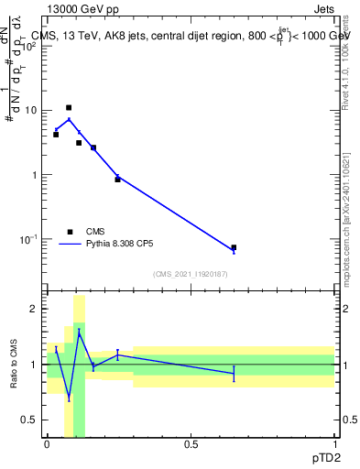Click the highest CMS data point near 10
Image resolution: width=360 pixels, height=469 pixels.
coord(69,107)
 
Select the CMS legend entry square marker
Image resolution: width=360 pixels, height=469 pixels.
coord(70,232)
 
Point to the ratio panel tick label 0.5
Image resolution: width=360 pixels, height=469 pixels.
coord(31,420)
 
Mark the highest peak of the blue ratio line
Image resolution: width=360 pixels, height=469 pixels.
coord(80,332)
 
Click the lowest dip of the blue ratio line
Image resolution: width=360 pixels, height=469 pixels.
coord(69,398)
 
